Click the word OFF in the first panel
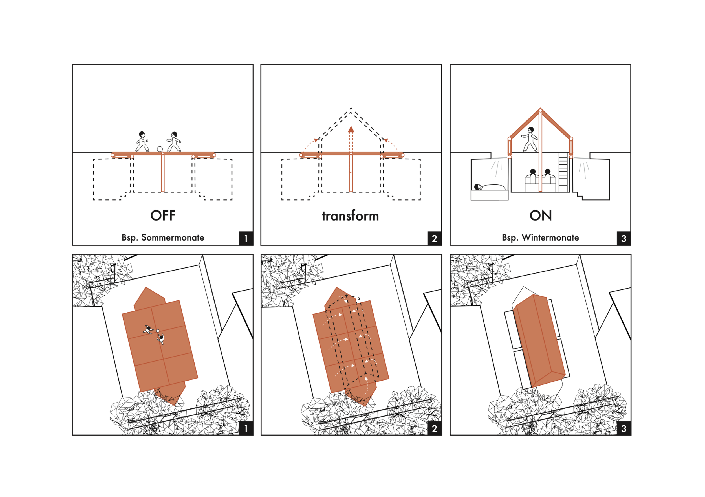[x=163, y=215]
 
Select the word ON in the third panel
[x=540, y=215]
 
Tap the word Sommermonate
[x=173, y=237]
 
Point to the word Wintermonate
[x=550, y=237]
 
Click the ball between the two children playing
[x=160, y=149]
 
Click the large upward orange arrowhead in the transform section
[x=351, y=129]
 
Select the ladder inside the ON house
[x=563, y=172]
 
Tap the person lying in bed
[x=490, y=187]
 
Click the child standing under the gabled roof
[x=530, y=139]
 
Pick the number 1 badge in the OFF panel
[x=246, y=238]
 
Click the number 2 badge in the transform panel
[x=435, y=238]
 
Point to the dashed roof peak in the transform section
[x=351, y=108]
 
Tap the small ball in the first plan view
[x=158, y=331]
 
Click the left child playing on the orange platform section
[x=142, y=142]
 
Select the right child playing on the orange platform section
[x=174, y=142]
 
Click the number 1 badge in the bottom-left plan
[x=246, y=428]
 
